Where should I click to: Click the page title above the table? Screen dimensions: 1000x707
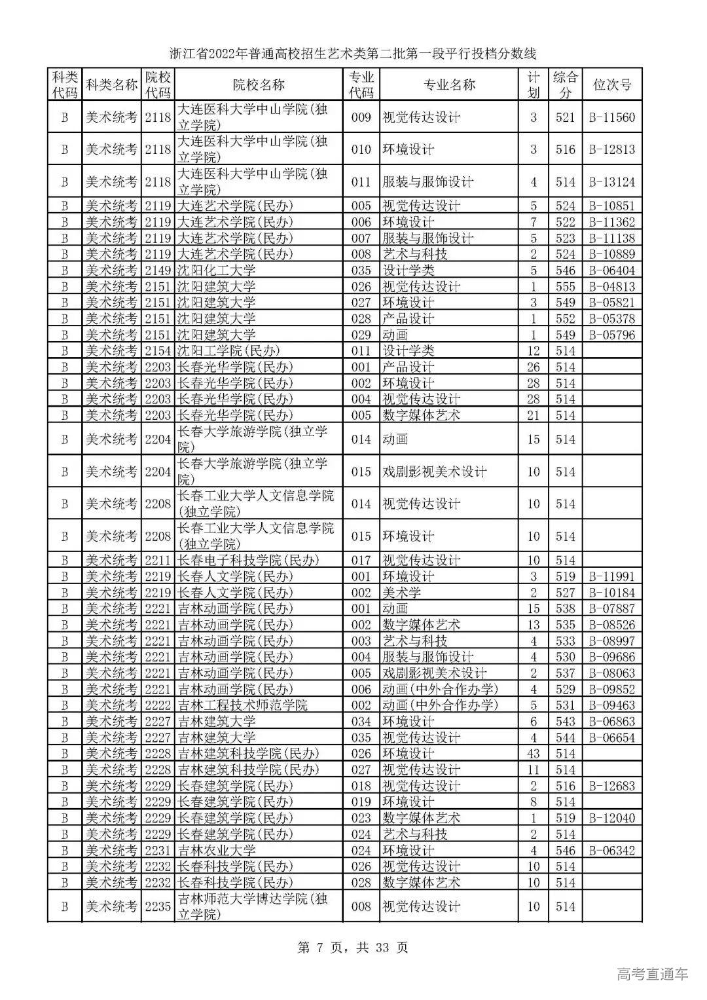coord(353,53)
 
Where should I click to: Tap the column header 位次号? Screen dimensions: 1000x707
coord(612,84)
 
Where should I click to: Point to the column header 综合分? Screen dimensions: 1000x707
coord(565,84)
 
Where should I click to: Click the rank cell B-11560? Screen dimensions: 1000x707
coord(612,117)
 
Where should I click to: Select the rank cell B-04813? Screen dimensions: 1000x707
coord(612,286)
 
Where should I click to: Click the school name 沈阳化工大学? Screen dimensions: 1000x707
coord(217,270)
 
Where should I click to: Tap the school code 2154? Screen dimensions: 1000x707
coord(158,351)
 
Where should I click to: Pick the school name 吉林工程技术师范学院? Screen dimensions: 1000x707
coord(243,705)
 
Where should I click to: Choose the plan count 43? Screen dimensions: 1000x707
coord(534,754)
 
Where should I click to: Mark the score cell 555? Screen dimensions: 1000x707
coord(565,286)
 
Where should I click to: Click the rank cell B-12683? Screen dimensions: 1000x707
coord(612,786)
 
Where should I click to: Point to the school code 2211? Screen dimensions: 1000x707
coord(158,560)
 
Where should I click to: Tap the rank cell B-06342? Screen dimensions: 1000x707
coord(612,850)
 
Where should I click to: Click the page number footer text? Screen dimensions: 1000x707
coord(353,947)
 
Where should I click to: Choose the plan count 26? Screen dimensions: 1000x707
coord(534,367)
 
